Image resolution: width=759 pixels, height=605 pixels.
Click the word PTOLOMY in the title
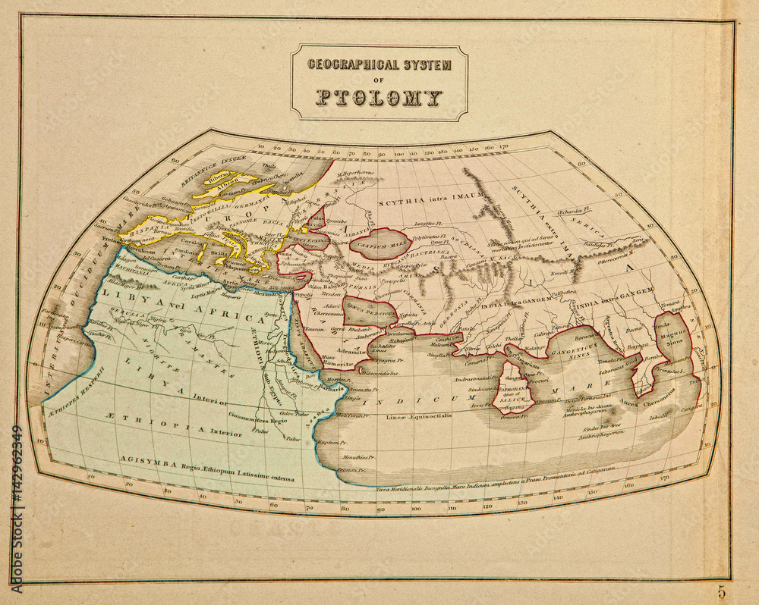point(379,98)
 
